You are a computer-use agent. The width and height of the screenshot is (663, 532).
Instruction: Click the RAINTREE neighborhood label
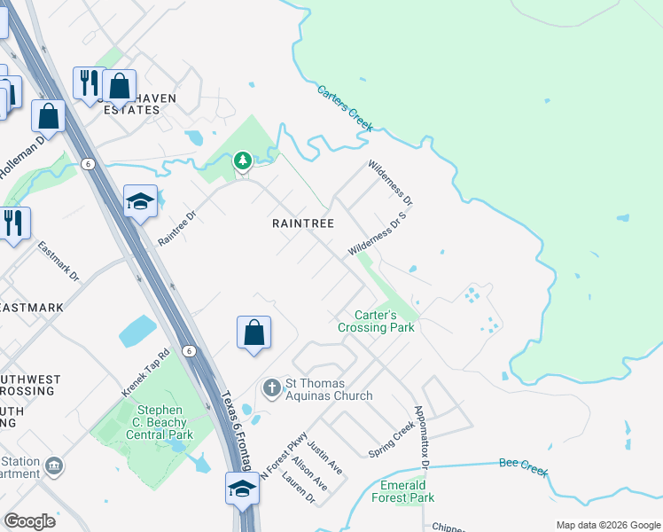point(303,224)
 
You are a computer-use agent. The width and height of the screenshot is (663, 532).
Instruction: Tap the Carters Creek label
point(346,107)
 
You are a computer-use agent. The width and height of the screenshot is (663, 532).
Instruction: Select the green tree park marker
point(242,161)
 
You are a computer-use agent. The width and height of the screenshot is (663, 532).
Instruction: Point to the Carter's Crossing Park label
point(376,321)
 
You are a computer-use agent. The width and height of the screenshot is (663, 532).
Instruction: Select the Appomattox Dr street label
point(422,438)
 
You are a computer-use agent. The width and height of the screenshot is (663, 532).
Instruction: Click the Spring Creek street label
point(391,438)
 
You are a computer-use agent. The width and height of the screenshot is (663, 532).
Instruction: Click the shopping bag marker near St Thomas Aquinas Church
point(253,333)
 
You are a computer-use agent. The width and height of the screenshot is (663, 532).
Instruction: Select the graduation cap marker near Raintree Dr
point(140,202)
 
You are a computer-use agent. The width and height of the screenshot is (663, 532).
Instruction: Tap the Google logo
point(29,521)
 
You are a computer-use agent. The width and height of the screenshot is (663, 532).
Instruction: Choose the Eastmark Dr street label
point(58,262)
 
